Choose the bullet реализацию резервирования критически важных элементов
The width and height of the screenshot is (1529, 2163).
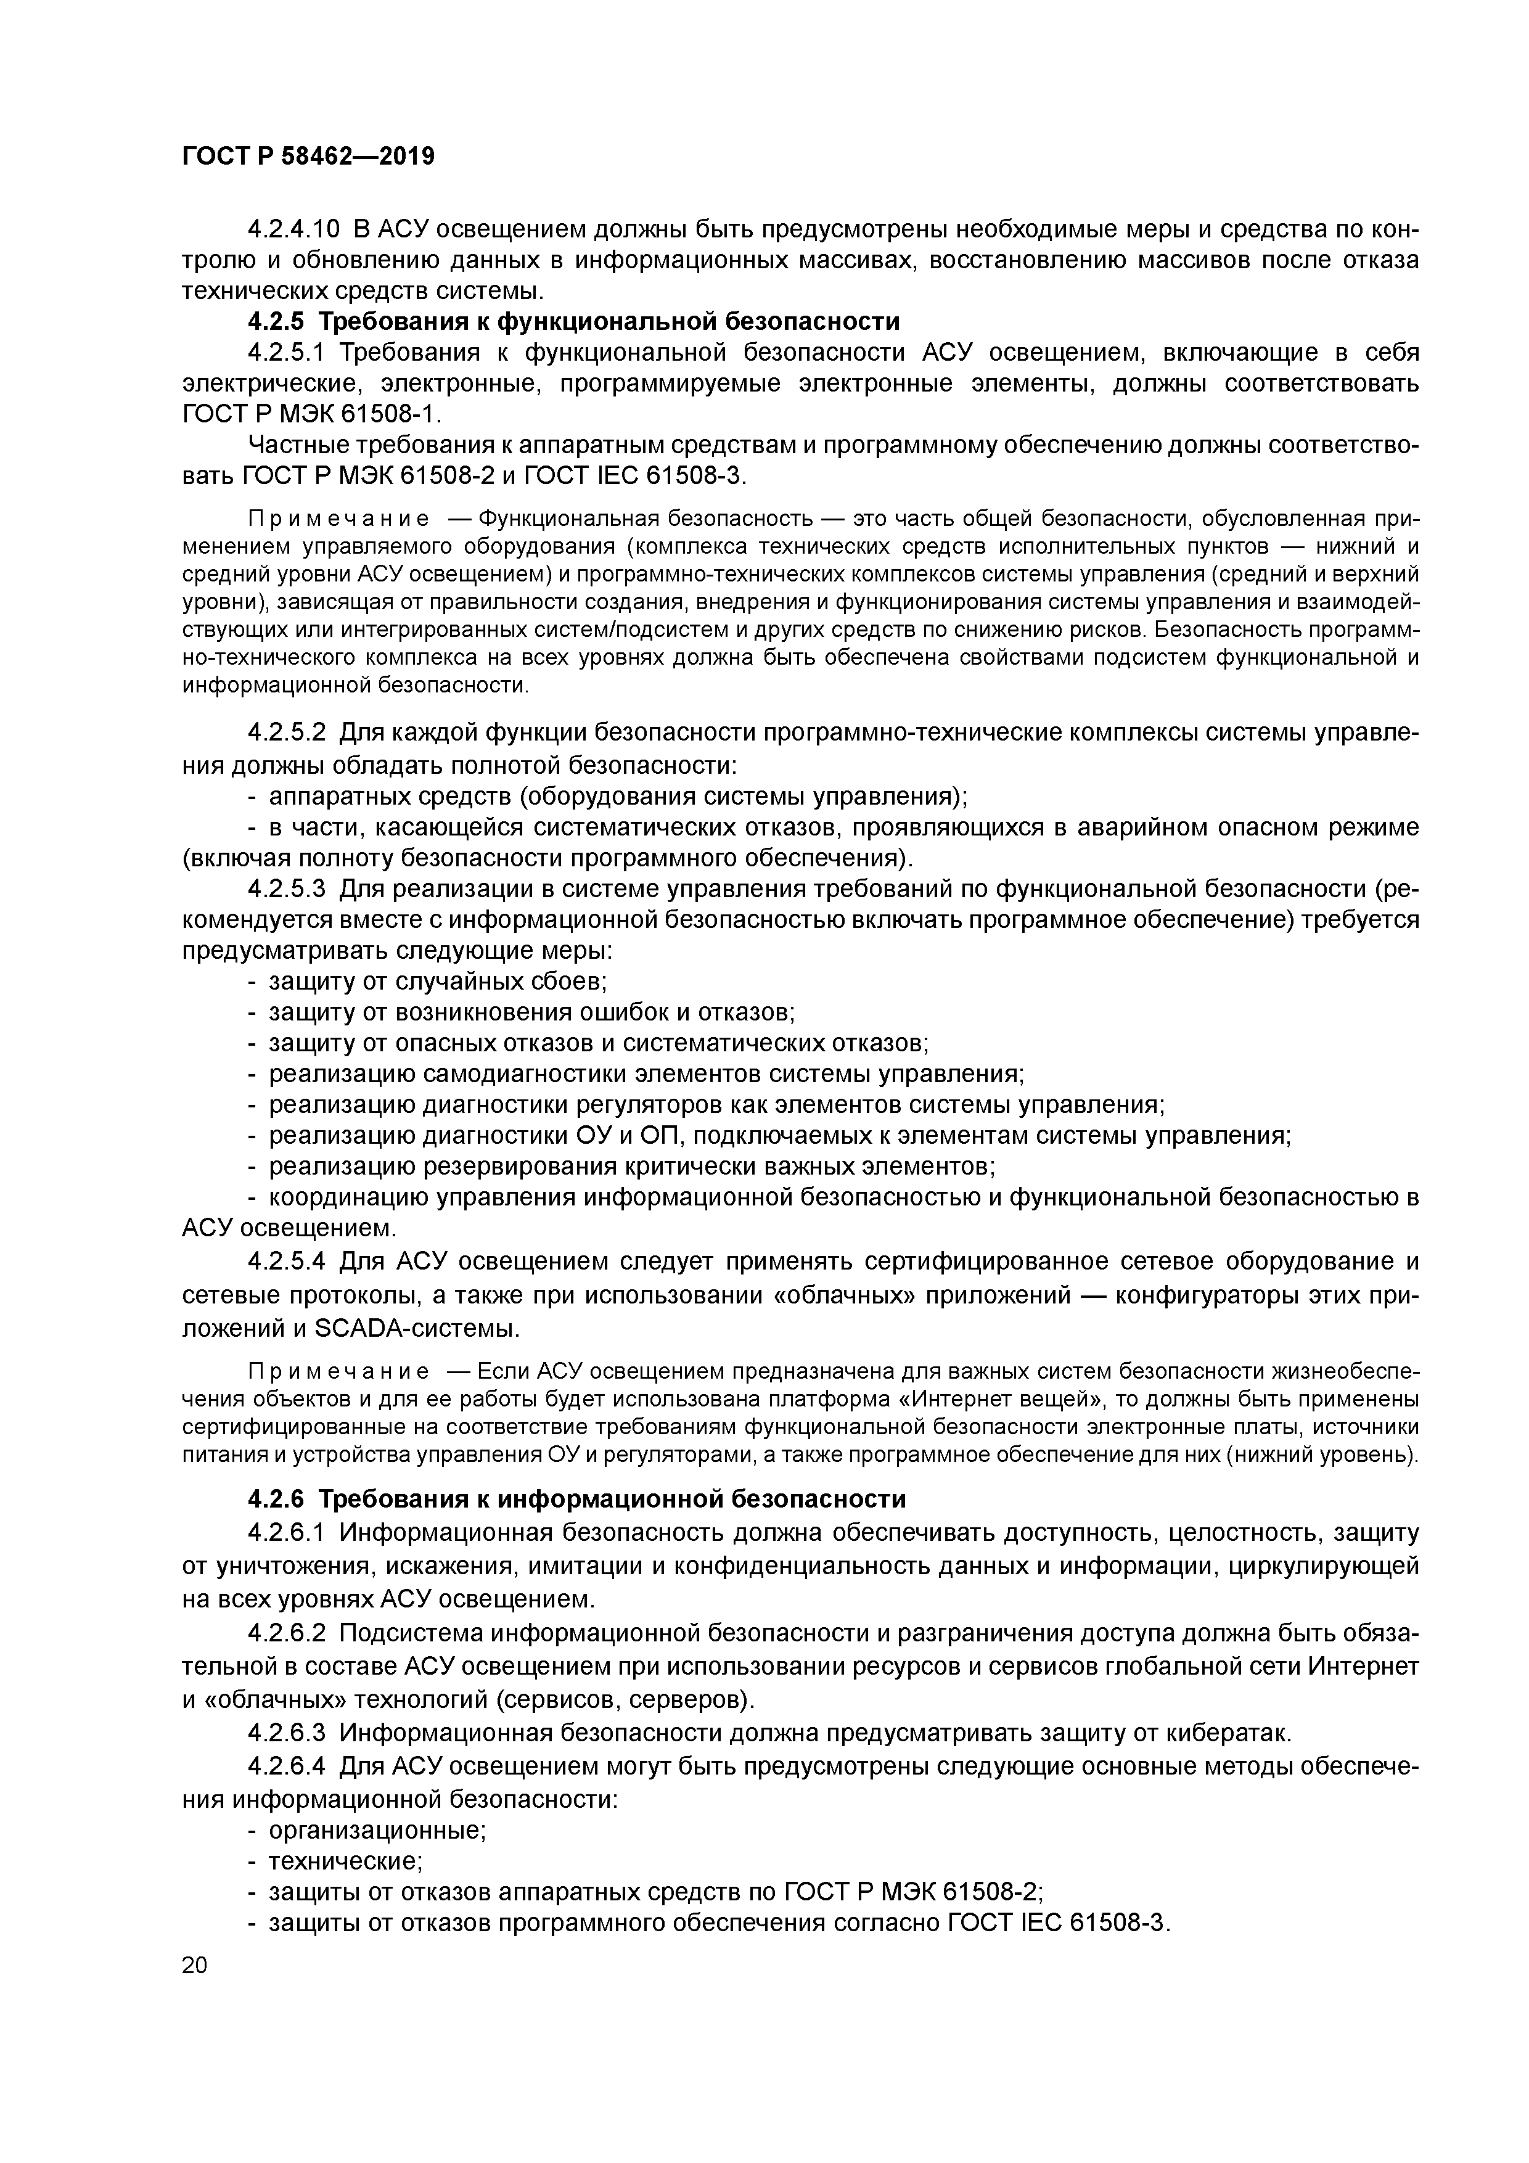click(x=631, y=1167)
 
